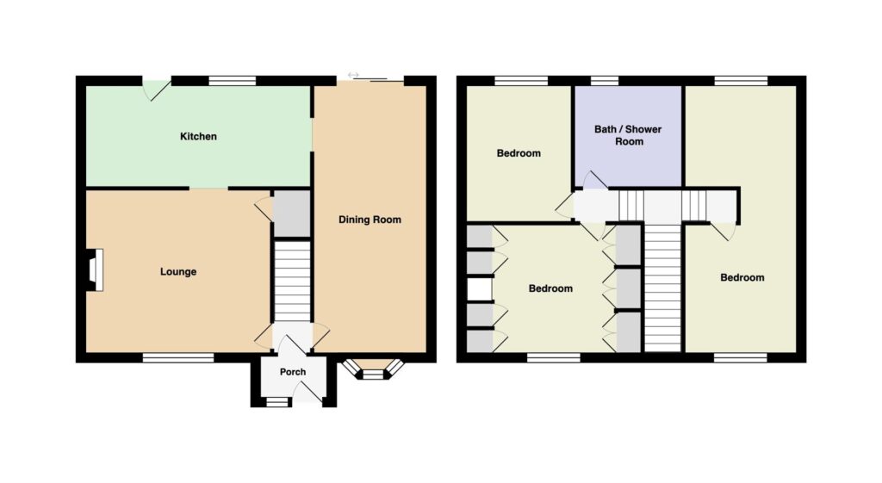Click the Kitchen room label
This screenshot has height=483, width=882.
click(198, 137)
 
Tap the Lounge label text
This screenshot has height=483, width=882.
click(178, 272)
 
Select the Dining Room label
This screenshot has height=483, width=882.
click(370, 220)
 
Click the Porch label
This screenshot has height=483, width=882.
click(293, 372)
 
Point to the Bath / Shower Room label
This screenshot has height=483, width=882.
click(628, 135)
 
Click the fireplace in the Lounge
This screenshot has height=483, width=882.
click(95, 269)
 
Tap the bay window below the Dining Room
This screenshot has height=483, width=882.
click(372, 368)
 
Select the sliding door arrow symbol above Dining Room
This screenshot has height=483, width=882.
click(352, 75)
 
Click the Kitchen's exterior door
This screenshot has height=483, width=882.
click(156, 89)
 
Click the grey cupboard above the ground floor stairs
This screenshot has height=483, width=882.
click(292, 214)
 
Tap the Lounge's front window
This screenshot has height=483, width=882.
click(178, 357)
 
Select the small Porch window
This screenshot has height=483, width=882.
click(276, 402)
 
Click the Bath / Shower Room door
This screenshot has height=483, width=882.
click(594, 180)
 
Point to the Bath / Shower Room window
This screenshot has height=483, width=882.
click(605, 80)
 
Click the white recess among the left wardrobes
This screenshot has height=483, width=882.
click(479, 290)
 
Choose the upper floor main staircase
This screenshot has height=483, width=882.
click(662, 287)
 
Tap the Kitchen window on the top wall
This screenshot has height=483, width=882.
click(233, 81)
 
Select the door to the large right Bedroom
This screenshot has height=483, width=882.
click(724, 231)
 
